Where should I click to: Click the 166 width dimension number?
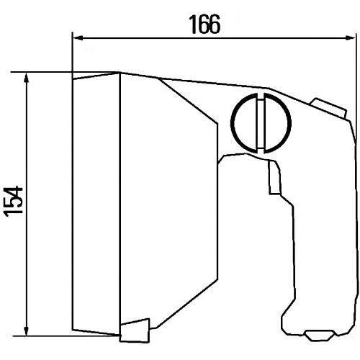point(204,24)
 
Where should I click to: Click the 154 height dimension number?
point(14,201)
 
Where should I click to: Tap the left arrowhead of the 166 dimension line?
point(78,38)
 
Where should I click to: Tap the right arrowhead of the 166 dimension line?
point(350,38)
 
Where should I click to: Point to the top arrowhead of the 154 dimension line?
point(27,78)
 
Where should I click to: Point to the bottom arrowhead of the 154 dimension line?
point(27,330)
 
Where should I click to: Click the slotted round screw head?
point(261,123)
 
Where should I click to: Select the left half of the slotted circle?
point(244,123)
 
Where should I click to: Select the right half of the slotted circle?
point(278,123)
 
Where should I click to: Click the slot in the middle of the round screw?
point(261,123)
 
